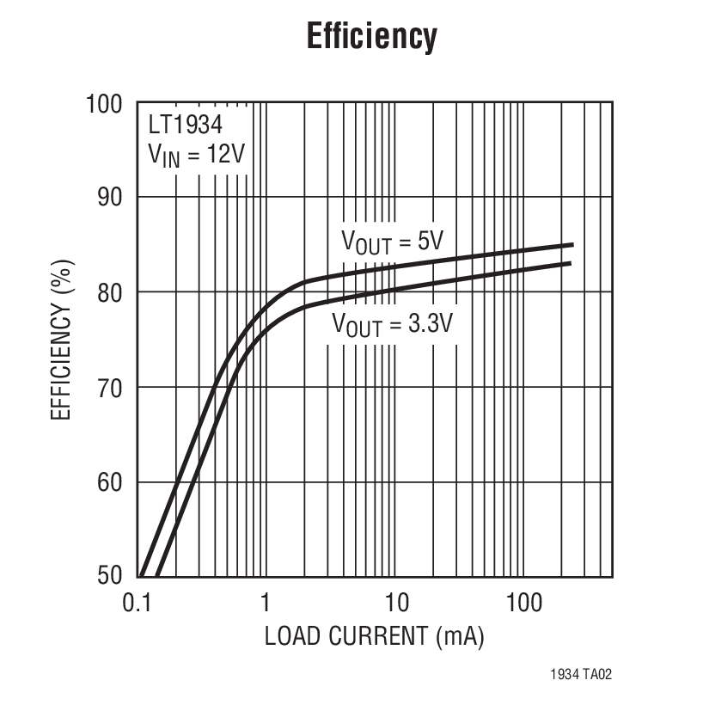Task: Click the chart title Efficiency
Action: tap(372, 37)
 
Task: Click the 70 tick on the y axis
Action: tap(109, 388)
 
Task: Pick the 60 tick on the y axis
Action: tap(109, 482)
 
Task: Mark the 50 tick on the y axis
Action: tap(109, 575)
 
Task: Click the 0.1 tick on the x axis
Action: tap(138, 602)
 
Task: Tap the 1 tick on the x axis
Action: tap(266, 602)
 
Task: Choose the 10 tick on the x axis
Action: tap(395, 602)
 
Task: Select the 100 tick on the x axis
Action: tap(523, 602)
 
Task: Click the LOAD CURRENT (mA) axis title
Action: tap(374, 637)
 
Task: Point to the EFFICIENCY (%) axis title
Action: tap(61, 340)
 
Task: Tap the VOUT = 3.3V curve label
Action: tap(392, 326)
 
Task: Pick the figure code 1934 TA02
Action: tap(581, 675)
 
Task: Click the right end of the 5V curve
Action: tap(571, 245)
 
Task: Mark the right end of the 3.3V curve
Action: tap(571, 263)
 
